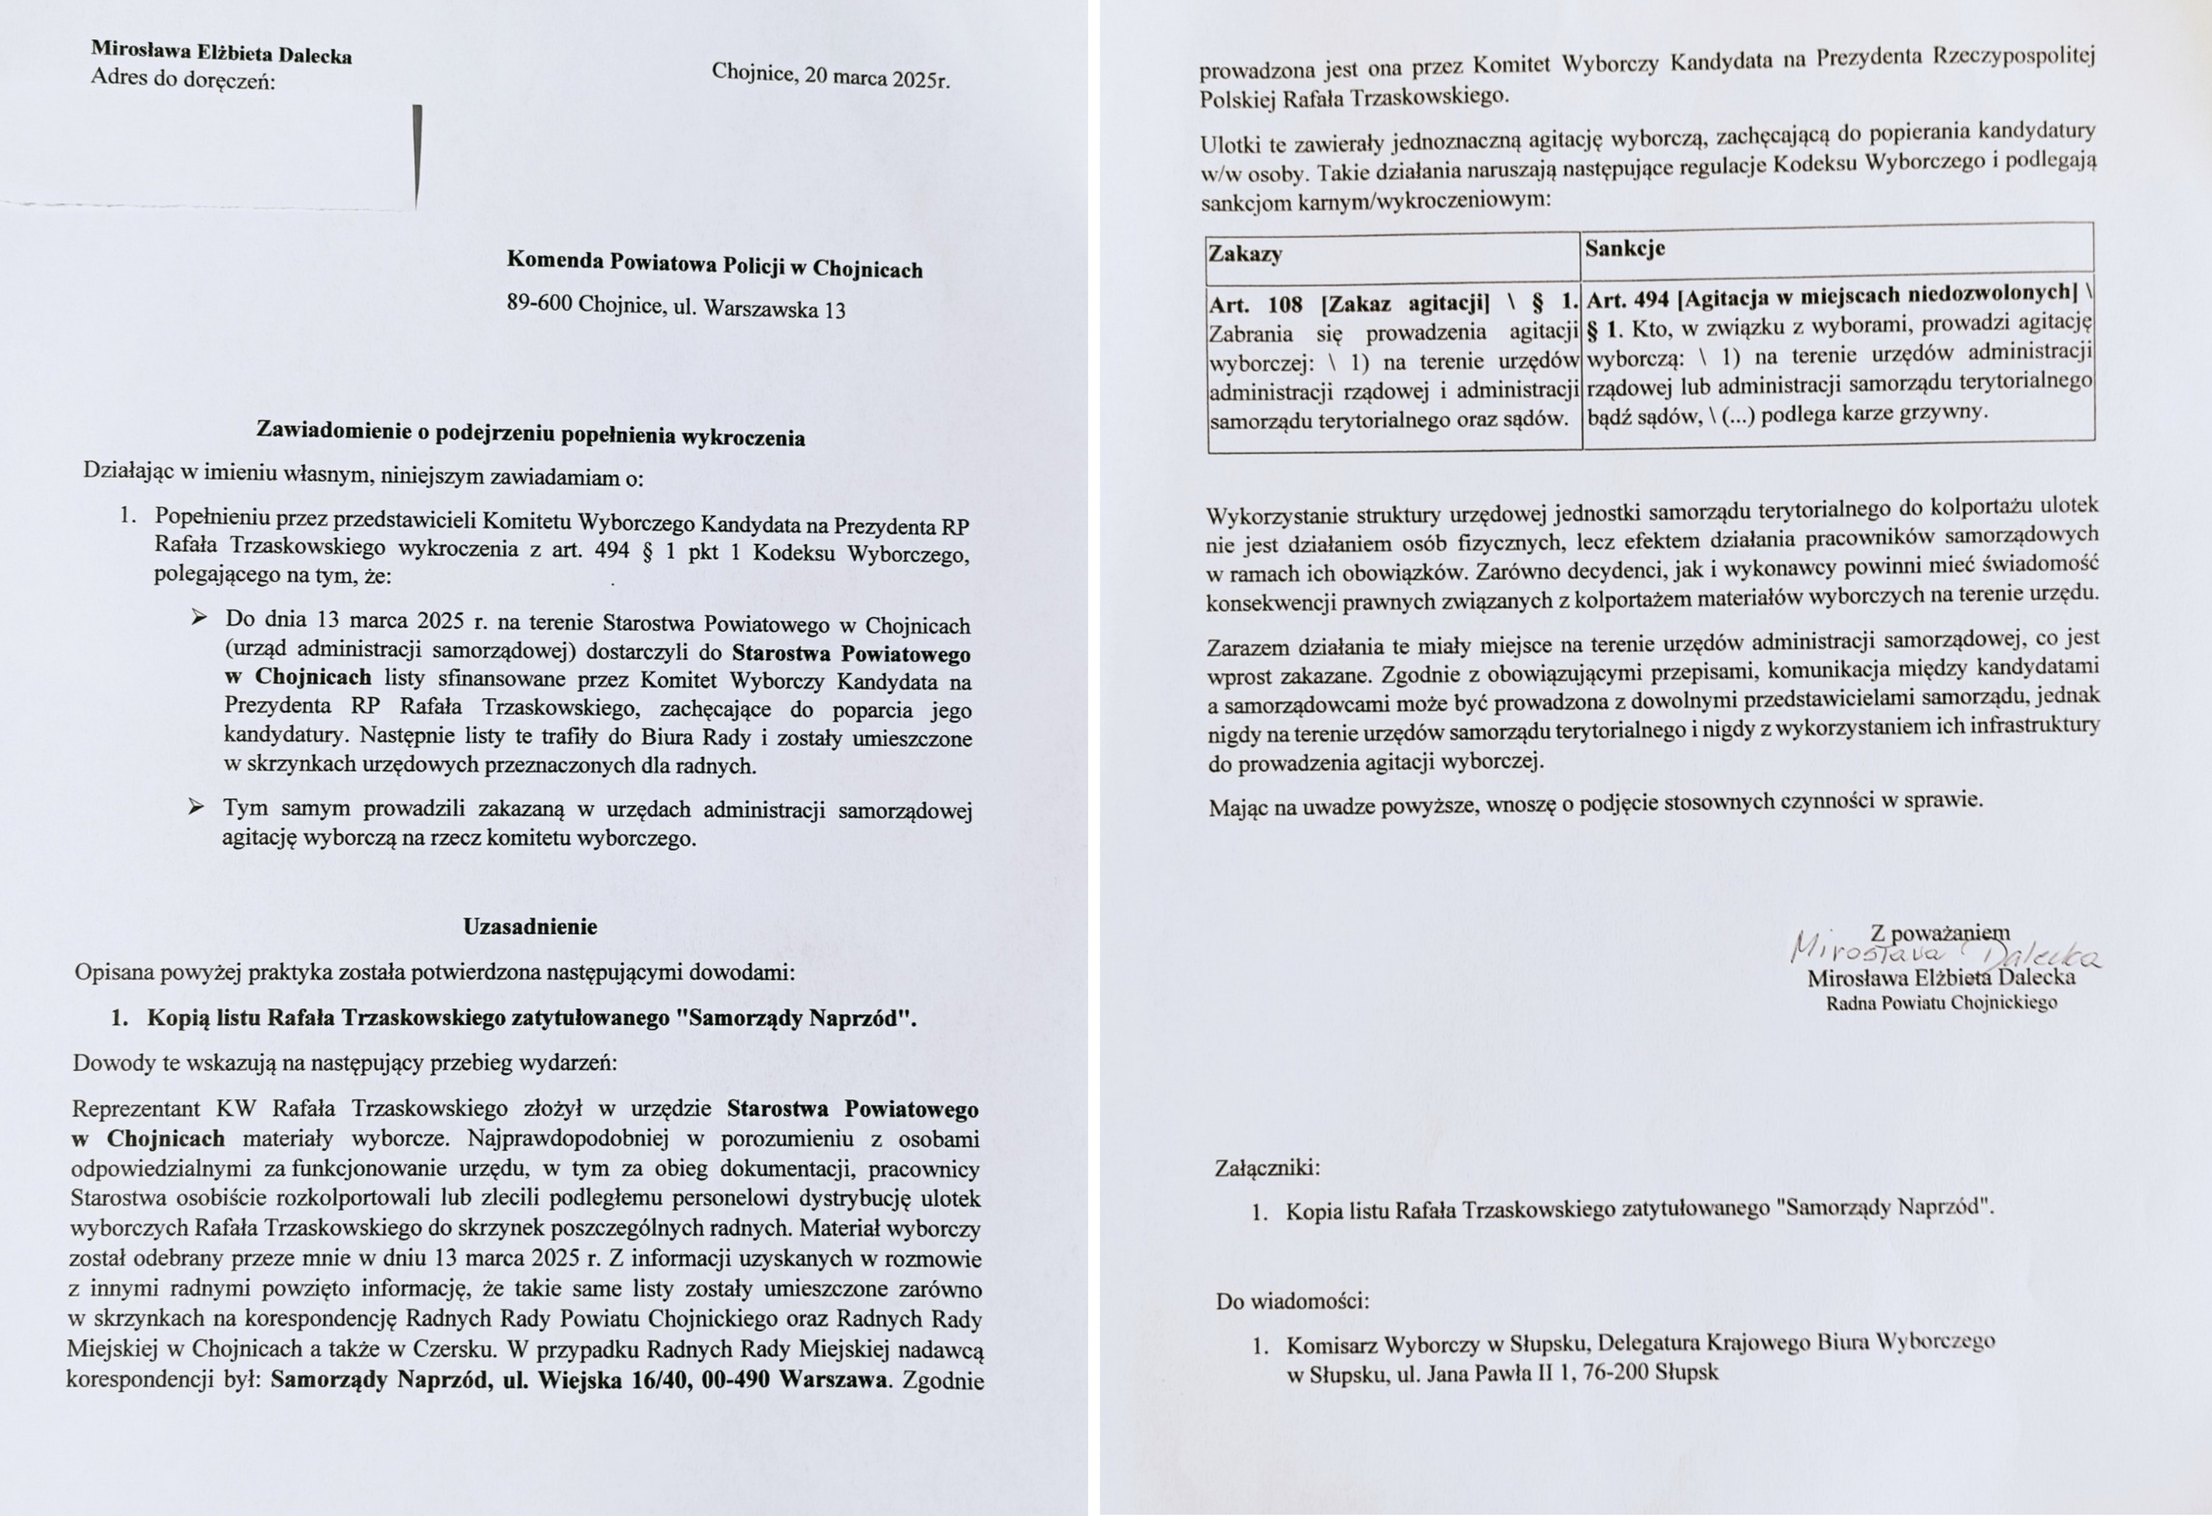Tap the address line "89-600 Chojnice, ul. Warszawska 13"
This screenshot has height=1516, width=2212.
[676, 306]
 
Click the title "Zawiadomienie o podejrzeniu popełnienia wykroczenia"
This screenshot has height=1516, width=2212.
[530, 434]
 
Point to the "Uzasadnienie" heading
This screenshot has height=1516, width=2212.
[530, 927]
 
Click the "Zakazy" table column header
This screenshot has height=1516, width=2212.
[1245, 254]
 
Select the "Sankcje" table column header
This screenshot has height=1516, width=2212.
[1624, 248]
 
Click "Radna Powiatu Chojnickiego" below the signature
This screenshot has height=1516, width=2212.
[1941, 1003]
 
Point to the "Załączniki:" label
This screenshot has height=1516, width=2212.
[1267, 1167]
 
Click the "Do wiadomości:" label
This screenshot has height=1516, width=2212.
[1292, 1301]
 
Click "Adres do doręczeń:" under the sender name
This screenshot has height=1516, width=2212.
[183, 79]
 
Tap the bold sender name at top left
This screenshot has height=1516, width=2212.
[221, 51]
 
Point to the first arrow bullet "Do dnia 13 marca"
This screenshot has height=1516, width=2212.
[198, 618]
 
